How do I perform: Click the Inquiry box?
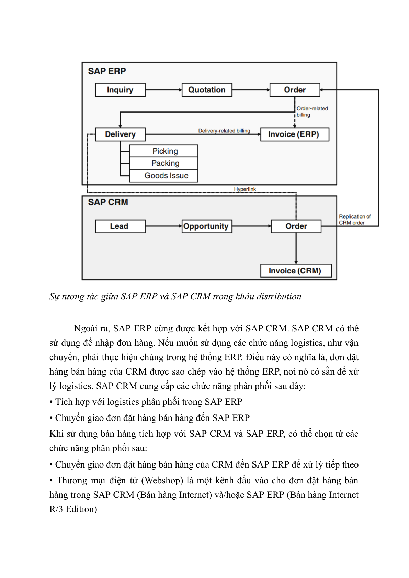(120, 90)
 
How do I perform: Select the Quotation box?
(207, 90)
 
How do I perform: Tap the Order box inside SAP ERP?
(295, 90)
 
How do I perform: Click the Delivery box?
(120, 134)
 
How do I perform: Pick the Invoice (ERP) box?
(294, 134)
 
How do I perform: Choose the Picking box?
(164, 151)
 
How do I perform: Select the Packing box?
(164, 163)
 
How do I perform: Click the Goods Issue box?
(164, 176)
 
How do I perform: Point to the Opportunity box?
(207, 226)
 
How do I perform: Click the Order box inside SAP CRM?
(296, 226)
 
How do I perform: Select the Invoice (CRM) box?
(296, 271)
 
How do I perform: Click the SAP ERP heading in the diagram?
(107, 71)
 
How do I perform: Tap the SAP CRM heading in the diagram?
(108, 202)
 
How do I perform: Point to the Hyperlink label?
(245, 189)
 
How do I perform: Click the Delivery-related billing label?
(224, 131)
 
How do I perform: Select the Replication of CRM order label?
(354, 220)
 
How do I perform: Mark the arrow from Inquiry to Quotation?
(163, 90)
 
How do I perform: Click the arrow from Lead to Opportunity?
(163, 226)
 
